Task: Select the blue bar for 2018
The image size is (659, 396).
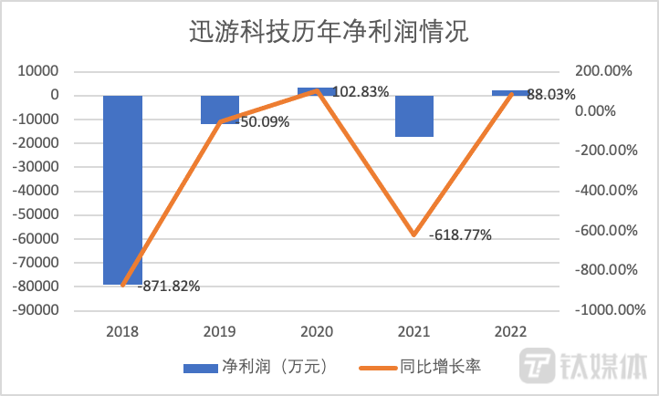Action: click(122, 190)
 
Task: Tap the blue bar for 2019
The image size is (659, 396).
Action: click(220, 109)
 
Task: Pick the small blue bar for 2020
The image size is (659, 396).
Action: click(317, 91)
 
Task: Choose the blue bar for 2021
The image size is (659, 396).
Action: click(414, 116)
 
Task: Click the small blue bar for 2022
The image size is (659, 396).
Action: click(511, 93)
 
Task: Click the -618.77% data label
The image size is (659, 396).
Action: click(460, 234)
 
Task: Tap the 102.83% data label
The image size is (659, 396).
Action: click(361, 92)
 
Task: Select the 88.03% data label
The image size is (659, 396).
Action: click(554, 93)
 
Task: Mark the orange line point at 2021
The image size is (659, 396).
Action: click(414, 234)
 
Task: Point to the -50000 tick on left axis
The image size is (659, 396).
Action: click(41, 214)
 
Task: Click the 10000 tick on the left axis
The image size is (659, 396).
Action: click(41, 71)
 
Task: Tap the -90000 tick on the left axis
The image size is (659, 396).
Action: click(41, 310)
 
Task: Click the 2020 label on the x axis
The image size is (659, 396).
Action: click(317, 332)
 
